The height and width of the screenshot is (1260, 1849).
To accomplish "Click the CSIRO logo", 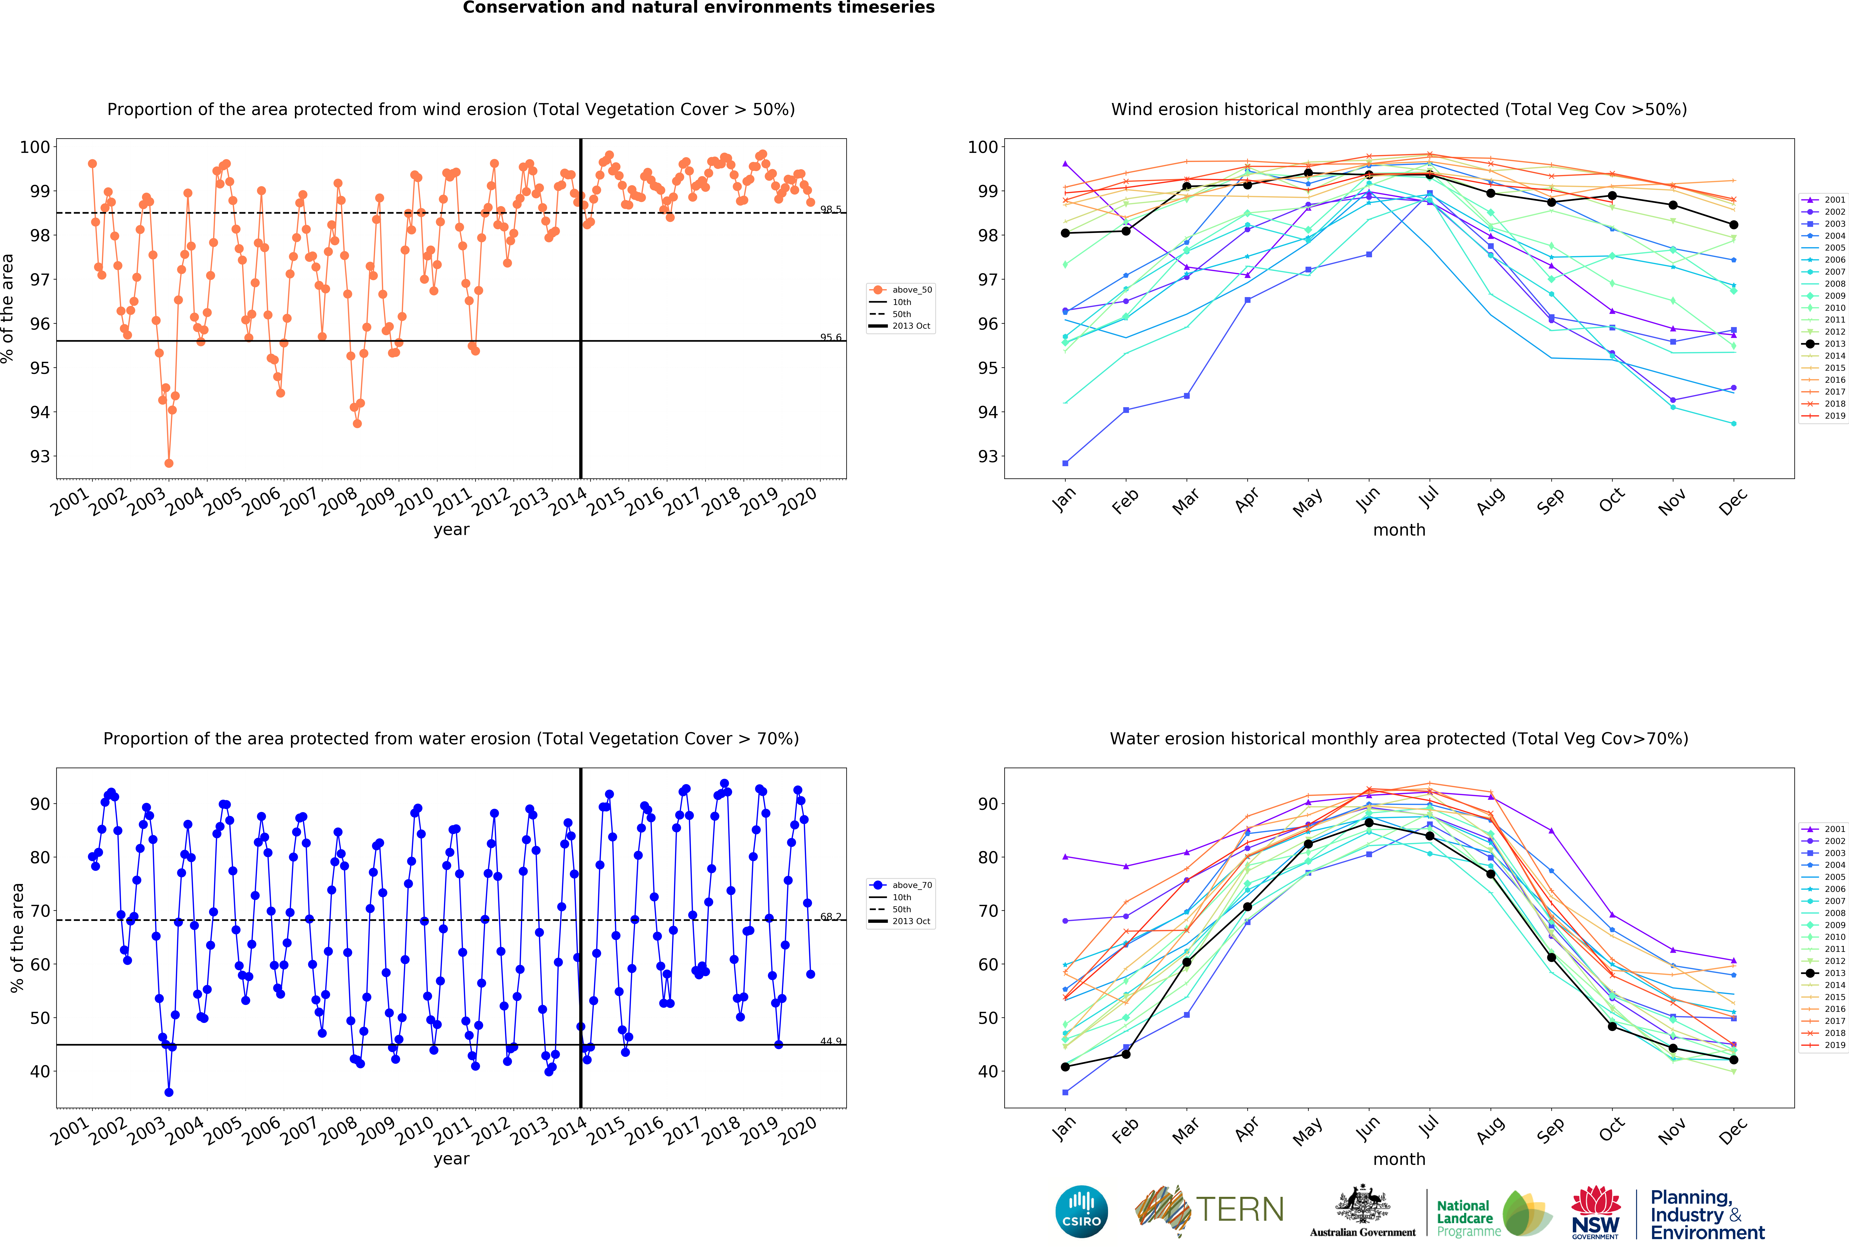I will coord(1081,1211).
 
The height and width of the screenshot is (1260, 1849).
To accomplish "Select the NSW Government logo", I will coord(1595,1213).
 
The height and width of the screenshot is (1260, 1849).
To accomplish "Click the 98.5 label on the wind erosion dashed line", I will coord(831,209).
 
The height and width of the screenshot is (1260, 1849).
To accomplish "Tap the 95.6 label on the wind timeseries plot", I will coord(831,337).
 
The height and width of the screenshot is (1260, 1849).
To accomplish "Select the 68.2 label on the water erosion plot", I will coord(831,916).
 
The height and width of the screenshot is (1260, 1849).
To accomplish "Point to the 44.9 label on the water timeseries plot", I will coord(831,1040).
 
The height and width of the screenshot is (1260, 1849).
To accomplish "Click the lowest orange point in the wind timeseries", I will coord(169,463).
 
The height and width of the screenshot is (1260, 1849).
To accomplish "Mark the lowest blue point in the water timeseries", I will coord(169,1092).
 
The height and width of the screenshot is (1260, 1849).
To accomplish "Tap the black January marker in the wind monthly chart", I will coord(1065,233).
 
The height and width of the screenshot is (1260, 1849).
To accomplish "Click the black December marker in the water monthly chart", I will coord(1734,1060).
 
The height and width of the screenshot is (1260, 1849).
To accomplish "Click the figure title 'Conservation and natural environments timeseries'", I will coord(699,8).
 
